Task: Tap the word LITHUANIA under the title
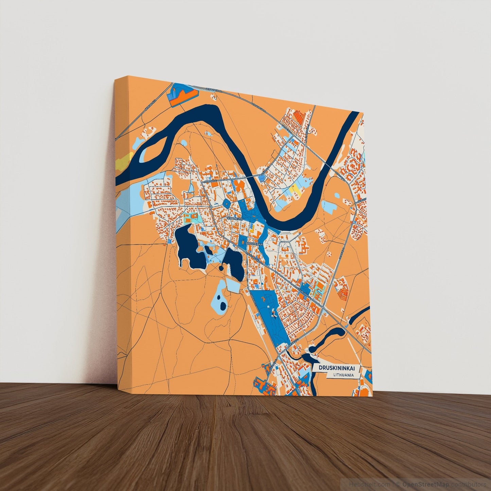[341, 375]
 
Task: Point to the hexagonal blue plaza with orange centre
[226, 204]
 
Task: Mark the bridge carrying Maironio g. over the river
[253, 177]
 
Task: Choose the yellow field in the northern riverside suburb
[296, 189]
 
